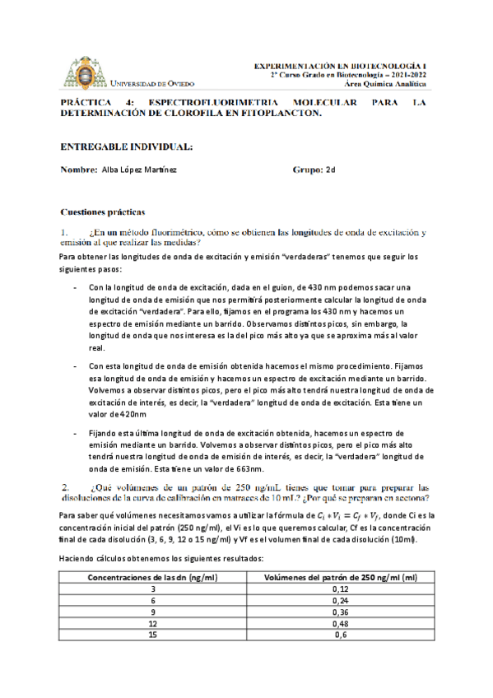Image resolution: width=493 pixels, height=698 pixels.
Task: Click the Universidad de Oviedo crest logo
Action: (85, 72)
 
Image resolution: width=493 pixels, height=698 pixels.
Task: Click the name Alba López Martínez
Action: (138, 170)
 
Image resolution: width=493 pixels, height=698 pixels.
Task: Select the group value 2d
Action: (332, 170)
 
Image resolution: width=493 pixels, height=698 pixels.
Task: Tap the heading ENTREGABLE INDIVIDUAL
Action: (127, 147)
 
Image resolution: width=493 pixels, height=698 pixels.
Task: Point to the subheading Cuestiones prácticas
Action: (103, 212)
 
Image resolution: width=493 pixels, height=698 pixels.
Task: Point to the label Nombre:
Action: (79, 170)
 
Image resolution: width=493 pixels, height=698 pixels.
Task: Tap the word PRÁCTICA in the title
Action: (88, 103)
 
